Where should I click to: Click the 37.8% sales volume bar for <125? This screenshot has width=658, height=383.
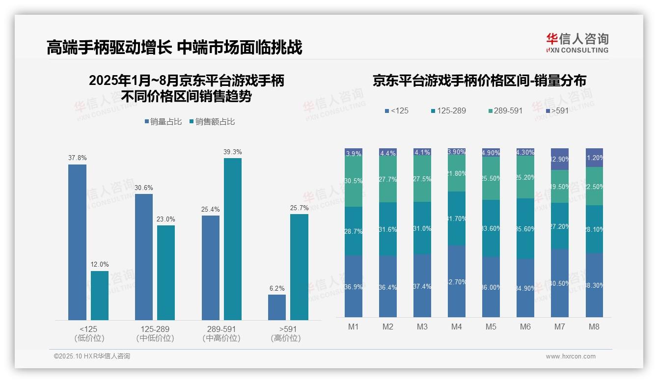(77, 242)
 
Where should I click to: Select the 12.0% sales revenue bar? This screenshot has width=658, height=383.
(100, 296)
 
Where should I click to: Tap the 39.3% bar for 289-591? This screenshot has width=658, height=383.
(233, 239)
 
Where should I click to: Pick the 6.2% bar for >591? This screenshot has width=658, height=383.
(277, 307)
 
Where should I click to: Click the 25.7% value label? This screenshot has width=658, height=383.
(299, 208)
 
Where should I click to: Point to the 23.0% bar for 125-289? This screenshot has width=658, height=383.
(166, 273)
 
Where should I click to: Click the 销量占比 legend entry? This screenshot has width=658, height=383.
(164, 122)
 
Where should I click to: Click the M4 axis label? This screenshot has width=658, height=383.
(457, 327)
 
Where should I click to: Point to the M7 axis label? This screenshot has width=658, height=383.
(560, 327)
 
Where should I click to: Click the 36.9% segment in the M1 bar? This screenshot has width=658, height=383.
(354, 286)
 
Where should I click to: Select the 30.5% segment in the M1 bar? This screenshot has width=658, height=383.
(354, 181)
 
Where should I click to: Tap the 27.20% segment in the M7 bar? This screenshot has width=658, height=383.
(560, 226)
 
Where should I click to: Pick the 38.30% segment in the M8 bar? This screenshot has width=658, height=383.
(594, 285)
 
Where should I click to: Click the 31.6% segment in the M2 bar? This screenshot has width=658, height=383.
(388, 229)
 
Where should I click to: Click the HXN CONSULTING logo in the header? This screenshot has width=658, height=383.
(577, 43)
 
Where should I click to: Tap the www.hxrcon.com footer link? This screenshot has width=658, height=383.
(571, 356)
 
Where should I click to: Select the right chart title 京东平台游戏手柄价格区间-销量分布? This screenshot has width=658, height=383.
(479, 81)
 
